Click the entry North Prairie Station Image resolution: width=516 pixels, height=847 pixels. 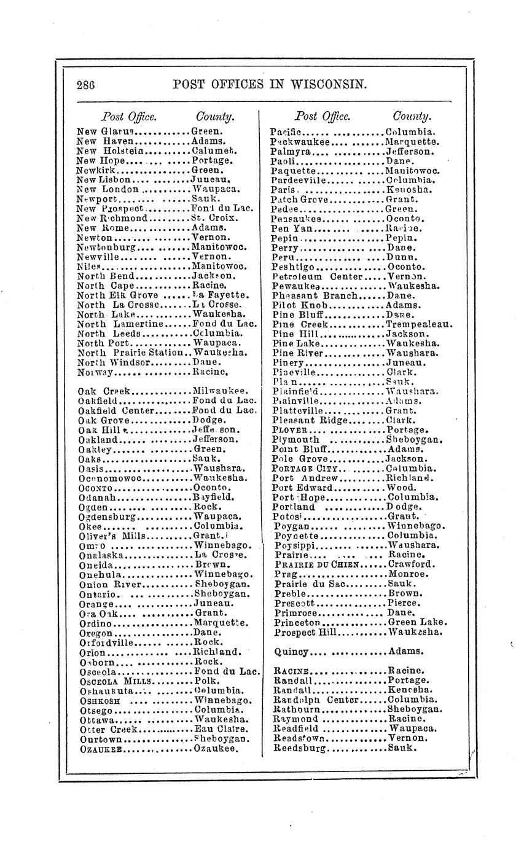point(130,353)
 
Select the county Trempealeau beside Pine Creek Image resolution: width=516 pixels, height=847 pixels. point(419,324)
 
